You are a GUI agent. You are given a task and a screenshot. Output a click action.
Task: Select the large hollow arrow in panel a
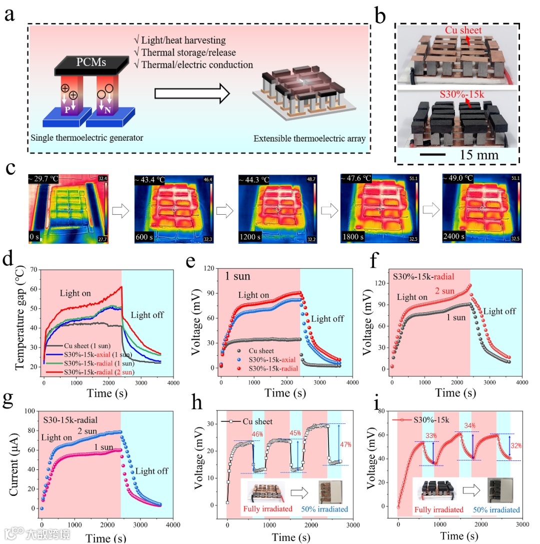click(192, 94)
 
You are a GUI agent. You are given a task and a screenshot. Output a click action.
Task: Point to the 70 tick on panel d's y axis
click(34, 270)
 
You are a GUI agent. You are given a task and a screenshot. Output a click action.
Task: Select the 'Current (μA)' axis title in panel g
click(20, 460)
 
